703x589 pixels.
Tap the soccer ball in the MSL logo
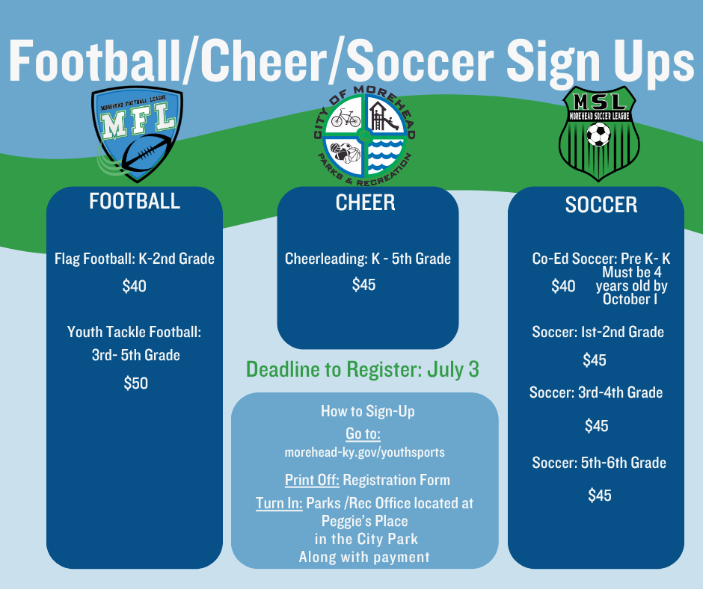pyautogui.click(x=598, y=135)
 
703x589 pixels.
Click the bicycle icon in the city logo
pyautogui.click(x=346, y=117)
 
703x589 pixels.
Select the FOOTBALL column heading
pyautogui.click(x=135, y=201)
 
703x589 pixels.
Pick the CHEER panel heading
pyautogui.click(x=366, y=203)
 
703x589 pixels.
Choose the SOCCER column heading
pyautogui.click(x=601, y=205)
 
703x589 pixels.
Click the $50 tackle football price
pyautogui.click(x=136, y=383)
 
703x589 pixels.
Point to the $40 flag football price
pyautogui.click(x=135, y=286)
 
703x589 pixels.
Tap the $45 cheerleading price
pyautogui.click(x=364, y=285)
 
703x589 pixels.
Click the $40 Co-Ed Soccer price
pyautogui.click(x=563, y=286)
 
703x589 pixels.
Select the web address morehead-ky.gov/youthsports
pyautogui.click(x=364, y=453)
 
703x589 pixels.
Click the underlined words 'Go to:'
pyautogui.click(x=363, y=434)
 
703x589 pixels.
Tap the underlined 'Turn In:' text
pyautogui.click(x=279, y=504)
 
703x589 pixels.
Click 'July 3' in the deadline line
pyautogui.click(x=452, y=369)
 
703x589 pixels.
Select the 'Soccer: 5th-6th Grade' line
pyautogui.click(x=599, y=463)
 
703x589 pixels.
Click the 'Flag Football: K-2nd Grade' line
pyautogui.click(x=135, y=259)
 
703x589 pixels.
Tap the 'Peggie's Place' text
pyautogui.click(x=364, y=521)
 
